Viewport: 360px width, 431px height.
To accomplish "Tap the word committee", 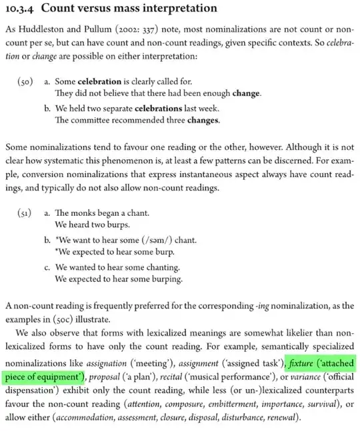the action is pos(93,121).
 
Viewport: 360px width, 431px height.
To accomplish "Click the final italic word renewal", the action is pos(284,418).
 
